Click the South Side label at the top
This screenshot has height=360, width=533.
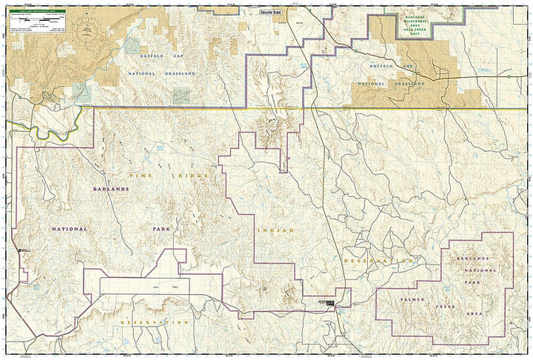(271, 13)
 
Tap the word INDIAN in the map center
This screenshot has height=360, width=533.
(276, 230)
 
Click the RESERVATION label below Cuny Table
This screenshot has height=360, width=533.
(154, 323)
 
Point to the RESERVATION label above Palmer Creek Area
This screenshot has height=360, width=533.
(378, 261)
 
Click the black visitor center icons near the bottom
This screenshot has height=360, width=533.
(330, 303)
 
